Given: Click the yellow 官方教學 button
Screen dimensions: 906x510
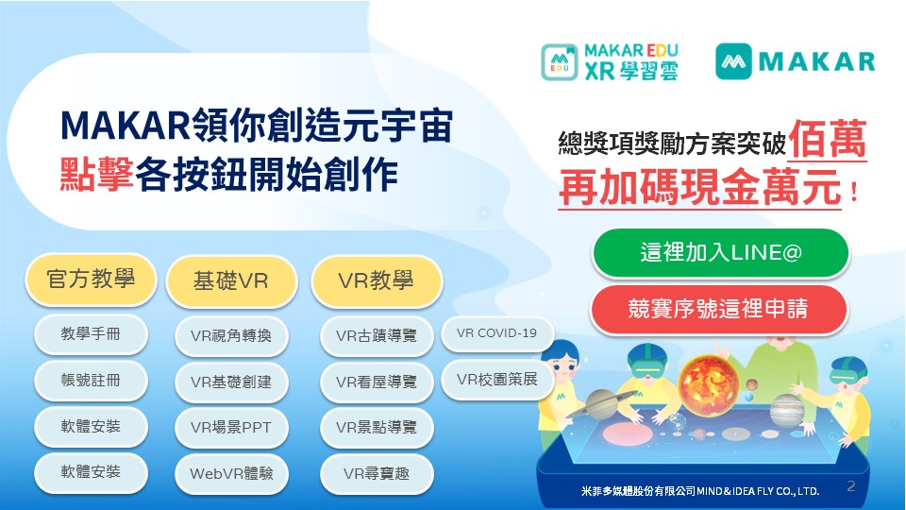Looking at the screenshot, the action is coord(91,280).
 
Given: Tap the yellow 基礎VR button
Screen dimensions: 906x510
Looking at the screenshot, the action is coord(231,281).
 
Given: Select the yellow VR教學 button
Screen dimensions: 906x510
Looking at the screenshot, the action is coord(377,281).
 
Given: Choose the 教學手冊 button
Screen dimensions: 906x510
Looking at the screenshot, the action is coord(91,333).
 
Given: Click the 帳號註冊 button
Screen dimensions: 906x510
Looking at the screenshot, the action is coord(91,380).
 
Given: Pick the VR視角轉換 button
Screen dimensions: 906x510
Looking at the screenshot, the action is coord(231,335).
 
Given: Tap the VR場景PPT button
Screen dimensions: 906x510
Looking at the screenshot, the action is coord(231,427).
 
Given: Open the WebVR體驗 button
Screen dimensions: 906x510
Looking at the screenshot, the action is coord(231,473).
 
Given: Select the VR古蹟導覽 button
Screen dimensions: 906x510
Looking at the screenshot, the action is coord(377,335).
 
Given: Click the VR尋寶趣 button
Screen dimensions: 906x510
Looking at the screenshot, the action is coord(377,473).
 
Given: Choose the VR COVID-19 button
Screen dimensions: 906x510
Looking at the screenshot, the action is coord(497,333).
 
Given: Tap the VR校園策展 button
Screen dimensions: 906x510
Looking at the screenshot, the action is coord(497,380).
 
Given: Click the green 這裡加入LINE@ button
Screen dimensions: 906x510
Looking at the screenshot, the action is coord(720,253).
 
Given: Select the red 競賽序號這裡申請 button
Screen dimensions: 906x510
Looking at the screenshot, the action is coord(719,309).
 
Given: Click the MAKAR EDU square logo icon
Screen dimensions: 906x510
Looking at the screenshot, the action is coord(560,62).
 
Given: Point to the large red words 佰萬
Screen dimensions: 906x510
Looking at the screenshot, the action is coord(828,139).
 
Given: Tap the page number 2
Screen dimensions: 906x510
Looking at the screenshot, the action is coord(851,485).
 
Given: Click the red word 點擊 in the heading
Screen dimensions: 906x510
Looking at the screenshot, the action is coord(97,175).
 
